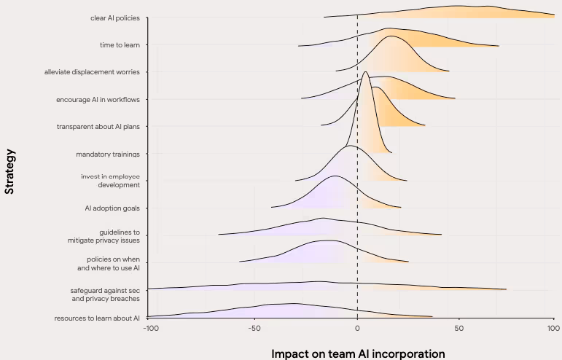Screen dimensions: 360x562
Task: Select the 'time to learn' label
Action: (x=120, y=44)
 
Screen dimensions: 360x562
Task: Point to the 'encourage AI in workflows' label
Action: (x=102, y=99)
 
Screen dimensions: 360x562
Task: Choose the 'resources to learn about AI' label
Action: (x=97, y=318)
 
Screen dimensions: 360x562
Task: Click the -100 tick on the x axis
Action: (x=149, y=329)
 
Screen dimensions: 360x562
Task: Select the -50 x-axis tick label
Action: (x=253, y=329)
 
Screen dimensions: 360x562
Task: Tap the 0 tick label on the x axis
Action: (x=357, y=329)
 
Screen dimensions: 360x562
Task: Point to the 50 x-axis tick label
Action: (x=458, y=329)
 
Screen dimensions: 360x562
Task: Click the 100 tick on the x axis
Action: (x=553, y=329)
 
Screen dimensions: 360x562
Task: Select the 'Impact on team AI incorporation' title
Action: (x=357, y=353)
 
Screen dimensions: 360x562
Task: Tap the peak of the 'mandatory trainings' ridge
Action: (x=366, y=71)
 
